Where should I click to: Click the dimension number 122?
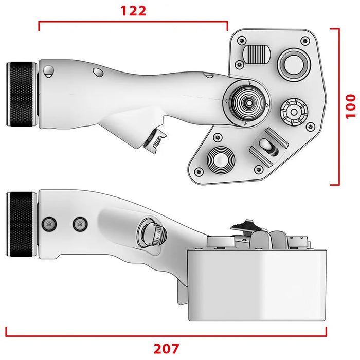tap(133, 11)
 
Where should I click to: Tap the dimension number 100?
tap(350, 106)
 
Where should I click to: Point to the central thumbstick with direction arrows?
tap(248, 103)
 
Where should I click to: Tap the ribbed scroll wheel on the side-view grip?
tap(152, 232)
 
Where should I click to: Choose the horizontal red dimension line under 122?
tap(133, 22)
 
